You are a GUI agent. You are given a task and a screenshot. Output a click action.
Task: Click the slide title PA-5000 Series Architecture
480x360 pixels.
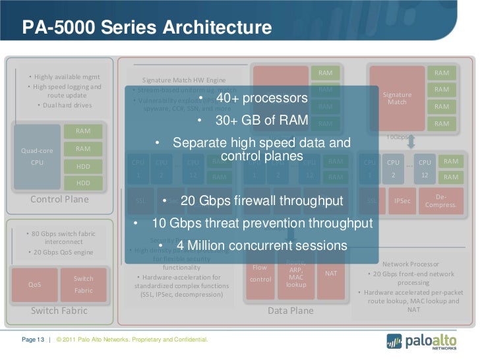click(x=146, y=28)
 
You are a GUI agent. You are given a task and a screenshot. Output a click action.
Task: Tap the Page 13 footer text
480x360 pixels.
click(x=33, y=340)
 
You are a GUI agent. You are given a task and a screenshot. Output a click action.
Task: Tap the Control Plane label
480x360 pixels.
click(x=59, y=199)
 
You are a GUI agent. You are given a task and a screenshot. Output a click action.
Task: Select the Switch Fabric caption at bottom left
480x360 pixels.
click(x=59, y=311)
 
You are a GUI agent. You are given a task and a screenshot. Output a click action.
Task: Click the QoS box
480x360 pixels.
click(x=34, y=285)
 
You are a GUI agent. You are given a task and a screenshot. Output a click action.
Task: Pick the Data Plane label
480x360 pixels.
click(x=290, y=311)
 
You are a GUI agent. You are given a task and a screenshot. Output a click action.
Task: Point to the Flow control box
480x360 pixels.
click(x=260, y=274)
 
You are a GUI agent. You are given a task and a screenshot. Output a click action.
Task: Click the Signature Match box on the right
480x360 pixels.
click(x=397, y=98)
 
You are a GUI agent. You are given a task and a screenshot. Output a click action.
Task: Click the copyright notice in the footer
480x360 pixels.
click(x=133, y=340)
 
